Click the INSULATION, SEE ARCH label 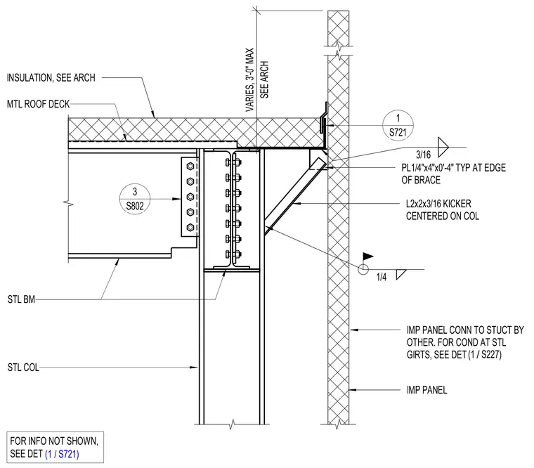[x=51, y=78]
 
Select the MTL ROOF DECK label [x=38, y=104]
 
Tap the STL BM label [x=21, y=299]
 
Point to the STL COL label [x=23, y=368]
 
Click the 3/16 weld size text [x=423, y=155]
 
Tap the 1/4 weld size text [x=382, y=277]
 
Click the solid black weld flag [x=367, y=256]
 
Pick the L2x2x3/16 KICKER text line [x=438, y=204]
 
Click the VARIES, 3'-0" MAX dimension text [x=250, y=79]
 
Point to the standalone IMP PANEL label [x=426, y=390]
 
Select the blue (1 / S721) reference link [x=62, y=454]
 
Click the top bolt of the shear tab [x=190, y=167]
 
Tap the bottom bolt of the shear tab [x=190, y=227]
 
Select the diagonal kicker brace [x=294, y=197]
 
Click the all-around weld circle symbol [x=363, y=269]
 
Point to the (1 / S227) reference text [x=485, y=355]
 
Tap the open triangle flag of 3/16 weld [x=443, y=147]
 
